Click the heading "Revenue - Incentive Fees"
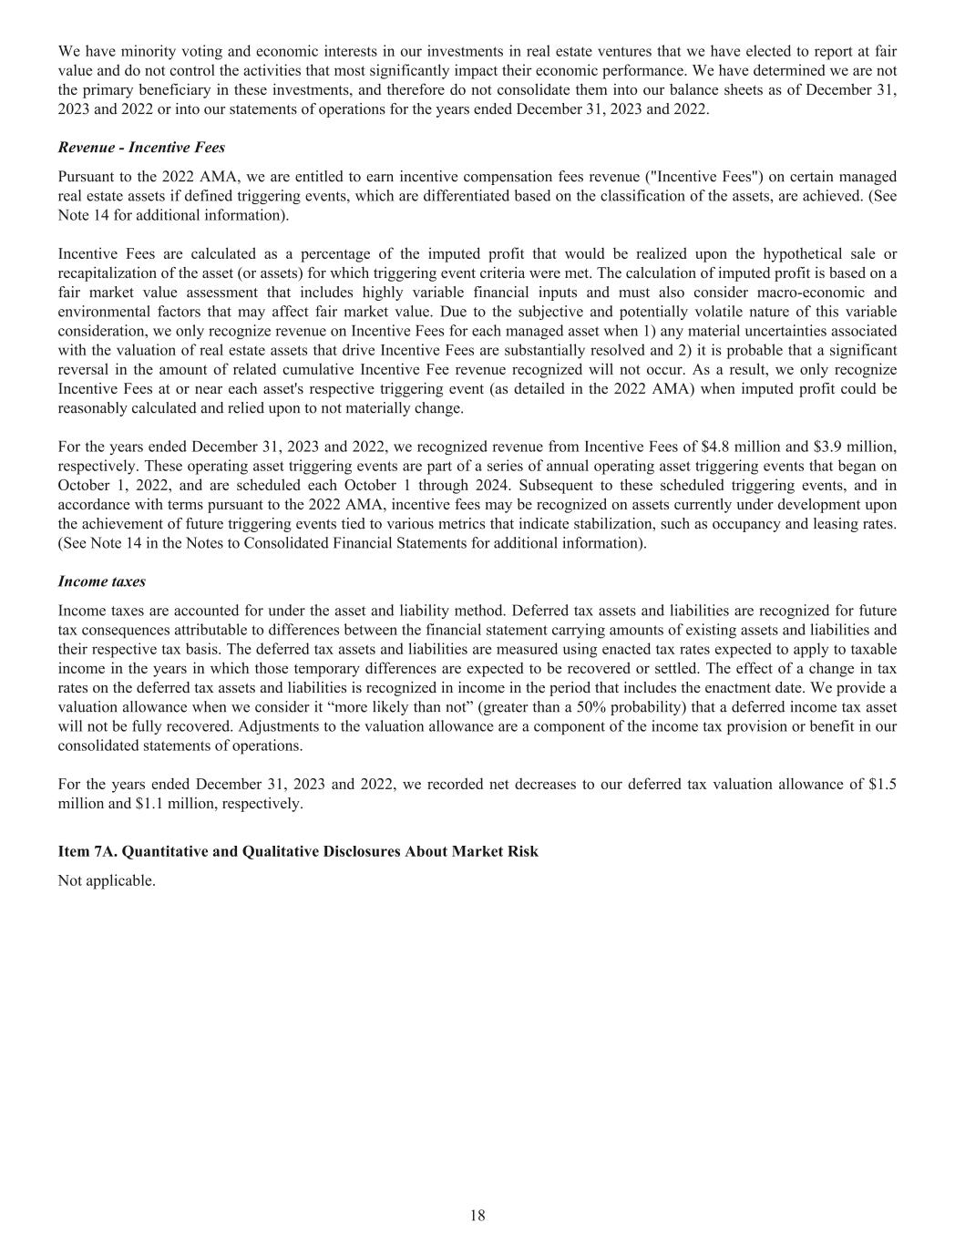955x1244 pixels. [x=141, y=148]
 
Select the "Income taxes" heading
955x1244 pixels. [x=101, y=581]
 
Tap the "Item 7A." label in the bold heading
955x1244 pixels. [x=87, y=851]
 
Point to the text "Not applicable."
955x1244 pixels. [x=107, y=881]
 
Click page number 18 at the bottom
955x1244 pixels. [x=477, y=1215]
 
